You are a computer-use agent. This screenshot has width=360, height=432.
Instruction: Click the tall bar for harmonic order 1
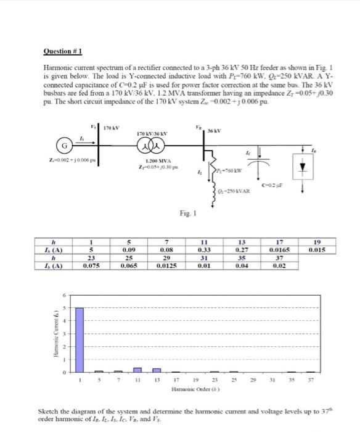pos(80,340)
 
